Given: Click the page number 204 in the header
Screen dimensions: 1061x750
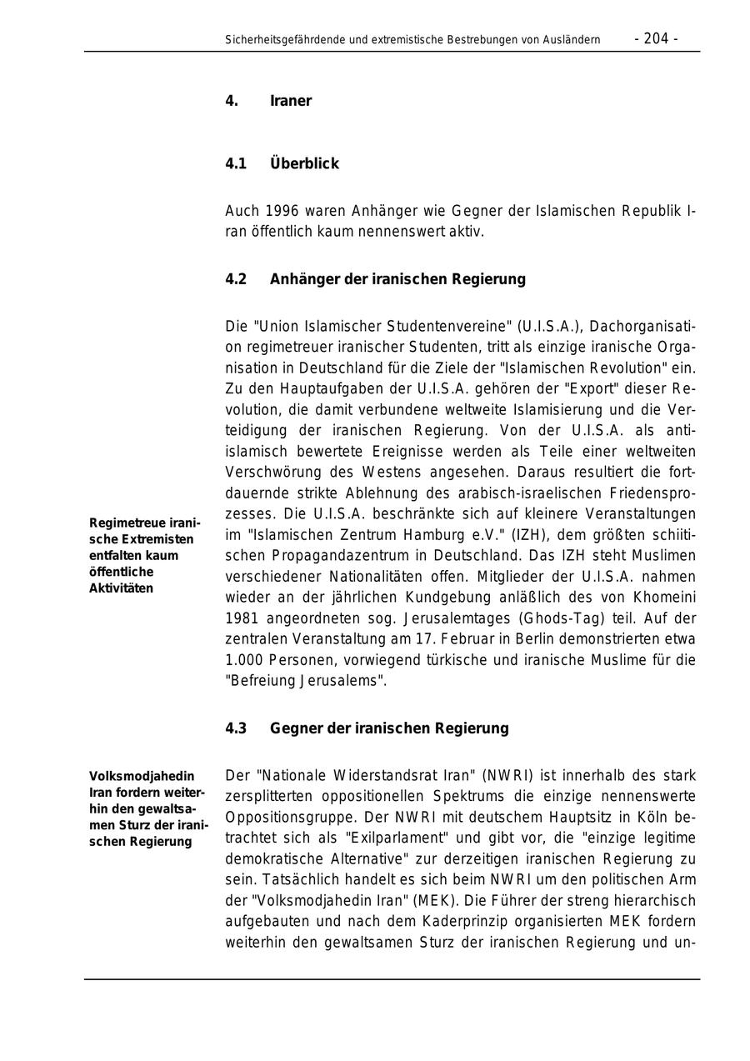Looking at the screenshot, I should pos(656,38).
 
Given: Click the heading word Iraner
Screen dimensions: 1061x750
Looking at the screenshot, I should pos(290,101).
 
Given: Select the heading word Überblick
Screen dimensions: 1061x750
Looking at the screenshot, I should pos(304,163).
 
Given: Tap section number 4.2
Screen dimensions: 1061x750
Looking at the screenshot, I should pos(236,278).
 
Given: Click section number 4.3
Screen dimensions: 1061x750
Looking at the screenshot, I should pos(236,728).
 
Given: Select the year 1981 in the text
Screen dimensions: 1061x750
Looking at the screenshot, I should pos(242,618).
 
